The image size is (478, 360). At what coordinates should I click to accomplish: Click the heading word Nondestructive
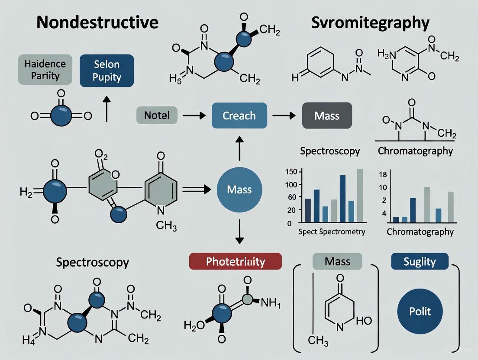tap(97, 22)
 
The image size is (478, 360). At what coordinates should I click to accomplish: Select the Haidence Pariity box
tap(45, 69)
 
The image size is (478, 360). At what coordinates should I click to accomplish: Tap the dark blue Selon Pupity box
tap(107, 71)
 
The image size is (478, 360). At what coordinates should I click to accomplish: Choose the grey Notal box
tap(157, 115)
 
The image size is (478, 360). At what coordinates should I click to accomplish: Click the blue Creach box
tap(239, 116)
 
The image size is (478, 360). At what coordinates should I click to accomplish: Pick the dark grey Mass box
tap(327, 116)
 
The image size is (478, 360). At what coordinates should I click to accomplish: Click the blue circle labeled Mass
tap(239, 190)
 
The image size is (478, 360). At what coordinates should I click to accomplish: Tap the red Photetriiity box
tap(236, 261)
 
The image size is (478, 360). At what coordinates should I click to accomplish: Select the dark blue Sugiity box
tap(420, 261)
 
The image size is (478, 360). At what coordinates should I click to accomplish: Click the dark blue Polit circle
tap(420, 311)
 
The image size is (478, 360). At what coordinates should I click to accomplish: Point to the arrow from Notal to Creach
tap(194, 116)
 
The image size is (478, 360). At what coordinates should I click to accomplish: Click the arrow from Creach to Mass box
tap(284, 116)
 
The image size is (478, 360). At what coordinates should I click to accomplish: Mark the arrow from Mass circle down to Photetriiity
tap(239, 231)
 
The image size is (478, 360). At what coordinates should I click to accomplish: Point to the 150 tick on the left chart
tap(291, 171)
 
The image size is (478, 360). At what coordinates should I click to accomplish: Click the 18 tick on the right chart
tap(383, 174)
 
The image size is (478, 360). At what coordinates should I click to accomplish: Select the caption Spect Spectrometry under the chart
tap(332, 232)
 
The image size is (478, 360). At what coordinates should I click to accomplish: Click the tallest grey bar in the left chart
tap(360, 196)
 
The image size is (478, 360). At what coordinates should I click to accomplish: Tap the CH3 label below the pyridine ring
tap(166, 226)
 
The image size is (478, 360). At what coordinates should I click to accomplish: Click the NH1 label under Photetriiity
tap(271, 303)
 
